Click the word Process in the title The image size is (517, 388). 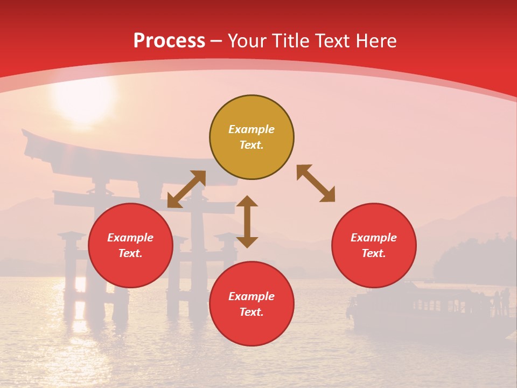pyautogui.click(x=169, y=40)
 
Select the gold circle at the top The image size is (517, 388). pyautogui.click(x=251, y=137)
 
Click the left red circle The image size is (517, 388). pyautogui.click(x=130, y=246)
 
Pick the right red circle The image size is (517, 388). pyautogui.click(x=374, y=246)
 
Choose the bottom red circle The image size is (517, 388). pyautogui.click(x=251, y=304)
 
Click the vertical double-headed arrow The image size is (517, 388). pyautogui.click(x=247, y=221)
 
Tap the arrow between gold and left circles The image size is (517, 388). pyautogui.click(x=186, y=189)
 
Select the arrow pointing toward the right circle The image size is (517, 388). pyautogui.click(x=316, y=184)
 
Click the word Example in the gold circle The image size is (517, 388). pyautogui.click(x=251, y=129)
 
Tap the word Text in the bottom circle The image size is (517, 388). pyautogui.click(x=251, y=313)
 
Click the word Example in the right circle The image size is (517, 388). pyautogui.click(x=374, y=238)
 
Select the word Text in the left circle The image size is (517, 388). pyautogui.click(x=130, y=254)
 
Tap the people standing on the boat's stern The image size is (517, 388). pyautogui.click(x=501, y=302)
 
